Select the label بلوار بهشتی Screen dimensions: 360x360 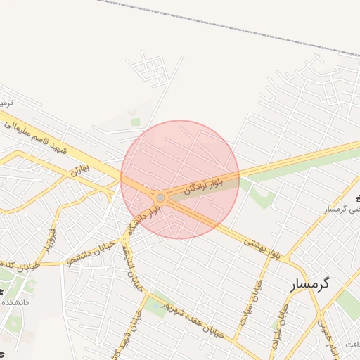pyautogui.click(x=262, y=247)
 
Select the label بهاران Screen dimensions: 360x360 pyautogui.click(x=78, y=170)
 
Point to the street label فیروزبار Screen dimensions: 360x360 pyautogui.click(x=50, y=240)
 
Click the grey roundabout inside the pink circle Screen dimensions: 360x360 pyautogui.click(x=161, y=198)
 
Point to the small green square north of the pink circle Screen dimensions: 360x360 pyautogui.click(x=135, y=122)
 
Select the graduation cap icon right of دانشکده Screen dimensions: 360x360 pyautogui.click(x=1, y=291)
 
